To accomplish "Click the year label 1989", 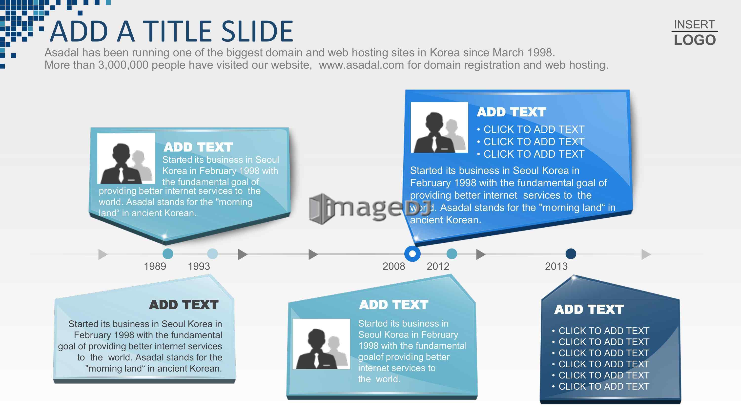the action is [x=155, y=266].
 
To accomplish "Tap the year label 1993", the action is [x=199, y=266].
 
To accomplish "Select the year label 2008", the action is [x=393, y=266].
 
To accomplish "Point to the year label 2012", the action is [x=438, y=266].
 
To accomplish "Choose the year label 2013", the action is [x=556, y=266].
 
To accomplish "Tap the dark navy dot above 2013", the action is [x=571, y=254].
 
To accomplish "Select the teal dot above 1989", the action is [x=168, y=254].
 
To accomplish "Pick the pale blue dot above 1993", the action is [x=212, y=254].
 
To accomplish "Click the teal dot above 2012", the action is [x=452, y=254].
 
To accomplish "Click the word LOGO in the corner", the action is [x=695, y=40].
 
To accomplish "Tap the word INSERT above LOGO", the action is [x=694, y=25].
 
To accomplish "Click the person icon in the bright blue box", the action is [x=439, y=127].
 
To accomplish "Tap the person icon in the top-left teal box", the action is [x=126, y=158].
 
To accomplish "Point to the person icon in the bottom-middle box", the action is [x=321, y=344].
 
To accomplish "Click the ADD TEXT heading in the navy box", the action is [x=589, y=309].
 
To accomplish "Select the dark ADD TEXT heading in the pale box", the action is [x=184, y=305].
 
